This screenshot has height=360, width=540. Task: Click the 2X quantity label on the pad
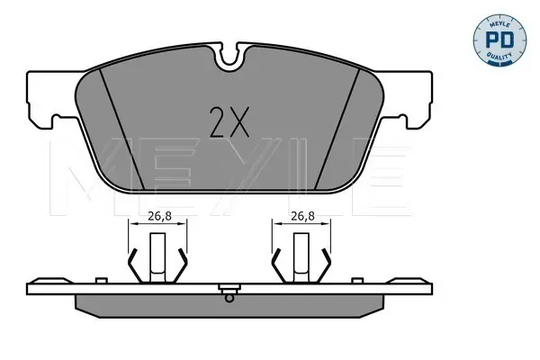[229, 122]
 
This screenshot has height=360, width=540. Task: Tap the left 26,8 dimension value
[159, 216]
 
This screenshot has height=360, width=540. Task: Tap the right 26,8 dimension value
[302, 216]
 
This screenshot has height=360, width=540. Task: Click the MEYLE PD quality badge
[499, 40]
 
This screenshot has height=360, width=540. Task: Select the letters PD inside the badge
[499, 40]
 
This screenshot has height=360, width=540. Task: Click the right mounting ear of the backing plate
[406, 99]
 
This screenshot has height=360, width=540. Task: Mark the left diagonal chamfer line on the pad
[121, 129]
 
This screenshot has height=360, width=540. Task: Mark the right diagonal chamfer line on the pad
[337, 129]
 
